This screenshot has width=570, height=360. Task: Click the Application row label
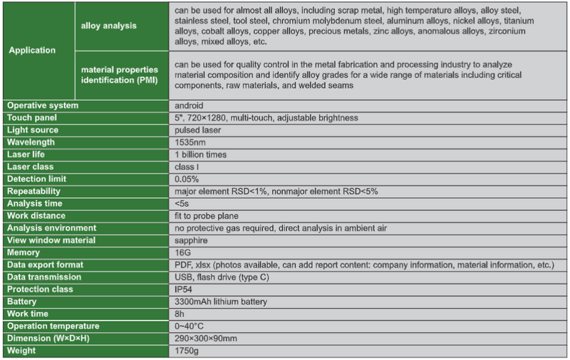tap(31, 51)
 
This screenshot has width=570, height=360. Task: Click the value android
tap(189, 106)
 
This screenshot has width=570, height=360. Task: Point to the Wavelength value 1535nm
tap(189, 142)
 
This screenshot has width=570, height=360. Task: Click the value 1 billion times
tap(202, 155)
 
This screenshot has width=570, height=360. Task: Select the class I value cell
tap(187, 167)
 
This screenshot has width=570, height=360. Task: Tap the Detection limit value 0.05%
tap(187, 179)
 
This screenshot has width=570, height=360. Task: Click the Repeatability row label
tap(34, 191)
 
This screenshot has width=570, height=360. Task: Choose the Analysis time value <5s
tap(182, 203)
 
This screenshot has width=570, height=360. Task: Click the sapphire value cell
tap(190, 240)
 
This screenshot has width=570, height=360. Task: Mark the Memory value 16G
tap(182, 252)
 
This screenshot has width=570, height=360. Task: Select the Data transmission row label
tap(44, 277)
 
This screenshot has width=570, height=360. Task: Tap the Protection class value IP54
tap(184, 289)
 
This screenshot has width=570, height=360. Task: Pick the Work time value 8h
tap(180, 314)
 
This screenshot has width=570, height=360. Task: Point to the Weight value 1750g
tap(186, 351)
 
